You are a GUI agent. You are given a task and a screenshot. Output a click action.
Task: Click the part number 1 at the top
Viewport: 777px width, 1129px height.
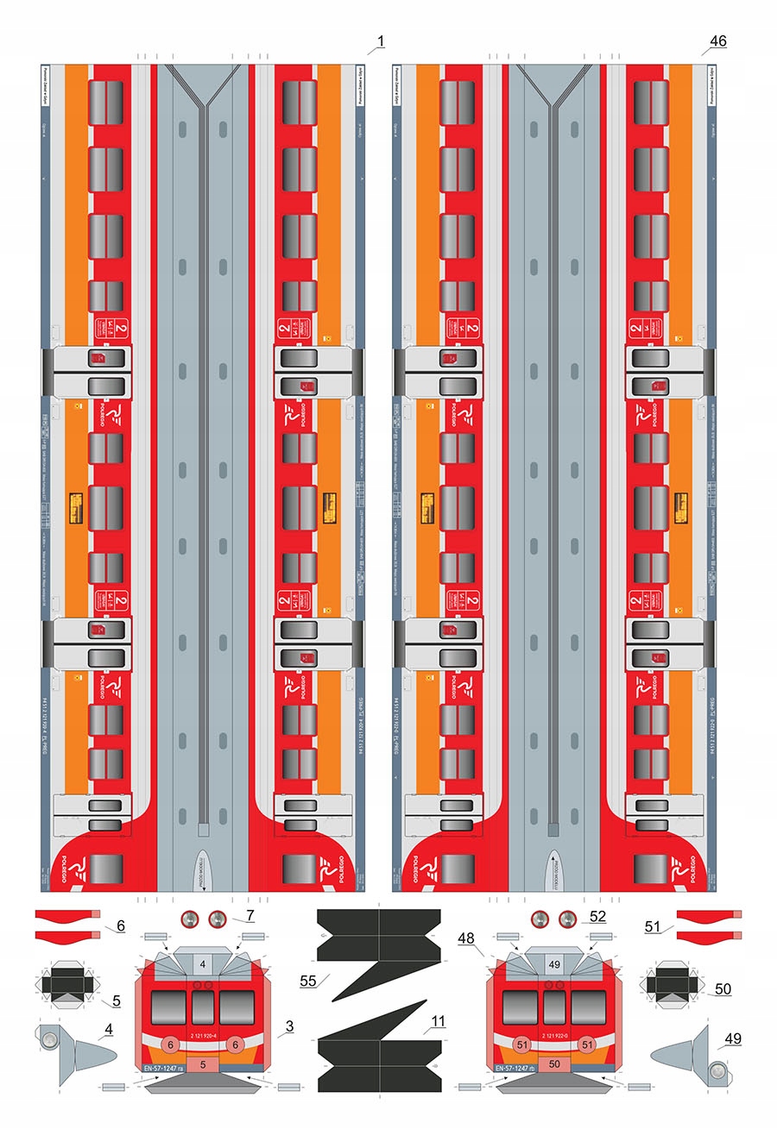click(x=380, y=41)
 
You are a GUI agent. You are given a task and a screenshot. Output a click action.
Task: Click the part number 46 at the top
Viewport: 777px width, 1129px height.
click(x=717, y=41)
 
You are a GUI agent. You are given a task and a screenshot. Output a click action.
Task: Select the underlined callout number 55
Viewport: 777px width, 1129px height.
click(x=308, y=981)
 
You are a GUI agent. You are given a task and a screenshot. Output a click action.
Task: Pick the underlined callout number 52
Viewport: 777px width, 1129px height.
click(x=597, y=915)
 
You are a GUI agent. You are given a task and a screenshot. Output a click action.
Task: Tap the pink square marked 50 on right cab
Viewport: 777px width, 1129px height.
click(x=554, y=1065)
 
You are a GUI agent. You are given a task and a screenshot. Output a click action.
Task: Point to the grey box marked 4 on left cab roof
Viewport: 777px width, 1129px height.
click(x=202, y=963)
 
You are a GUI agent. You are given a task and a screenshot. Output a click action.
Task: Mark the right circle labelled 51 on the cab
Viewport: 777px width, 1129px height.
click(x=588, y=1044)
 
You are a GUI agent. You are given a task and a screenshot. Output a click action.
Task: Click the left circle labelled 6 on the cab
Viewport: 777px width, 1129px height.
click(x=171, y=1044)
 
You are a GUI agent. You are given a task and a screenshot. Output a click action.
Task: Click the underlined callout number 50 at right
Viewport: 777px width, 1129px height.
click(x=723, y=988)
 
